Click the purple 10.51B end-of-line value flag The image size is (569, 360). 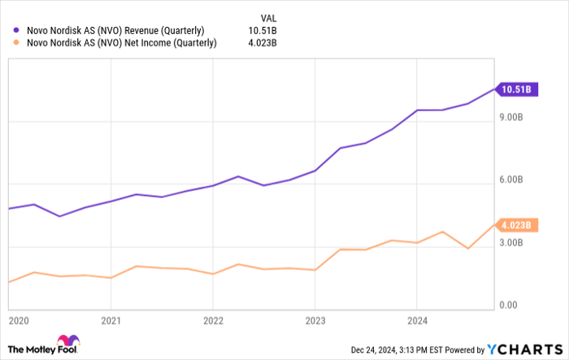tap(515, 89)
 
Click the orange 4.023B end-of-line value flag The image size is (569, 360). tap(515, 225)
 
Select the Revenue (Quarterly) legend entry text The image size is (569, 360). tap(120, 30)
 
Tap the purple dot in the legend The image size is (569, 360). tap(17, 30)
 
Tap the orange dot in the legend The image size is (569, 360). tap(17, 43)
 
